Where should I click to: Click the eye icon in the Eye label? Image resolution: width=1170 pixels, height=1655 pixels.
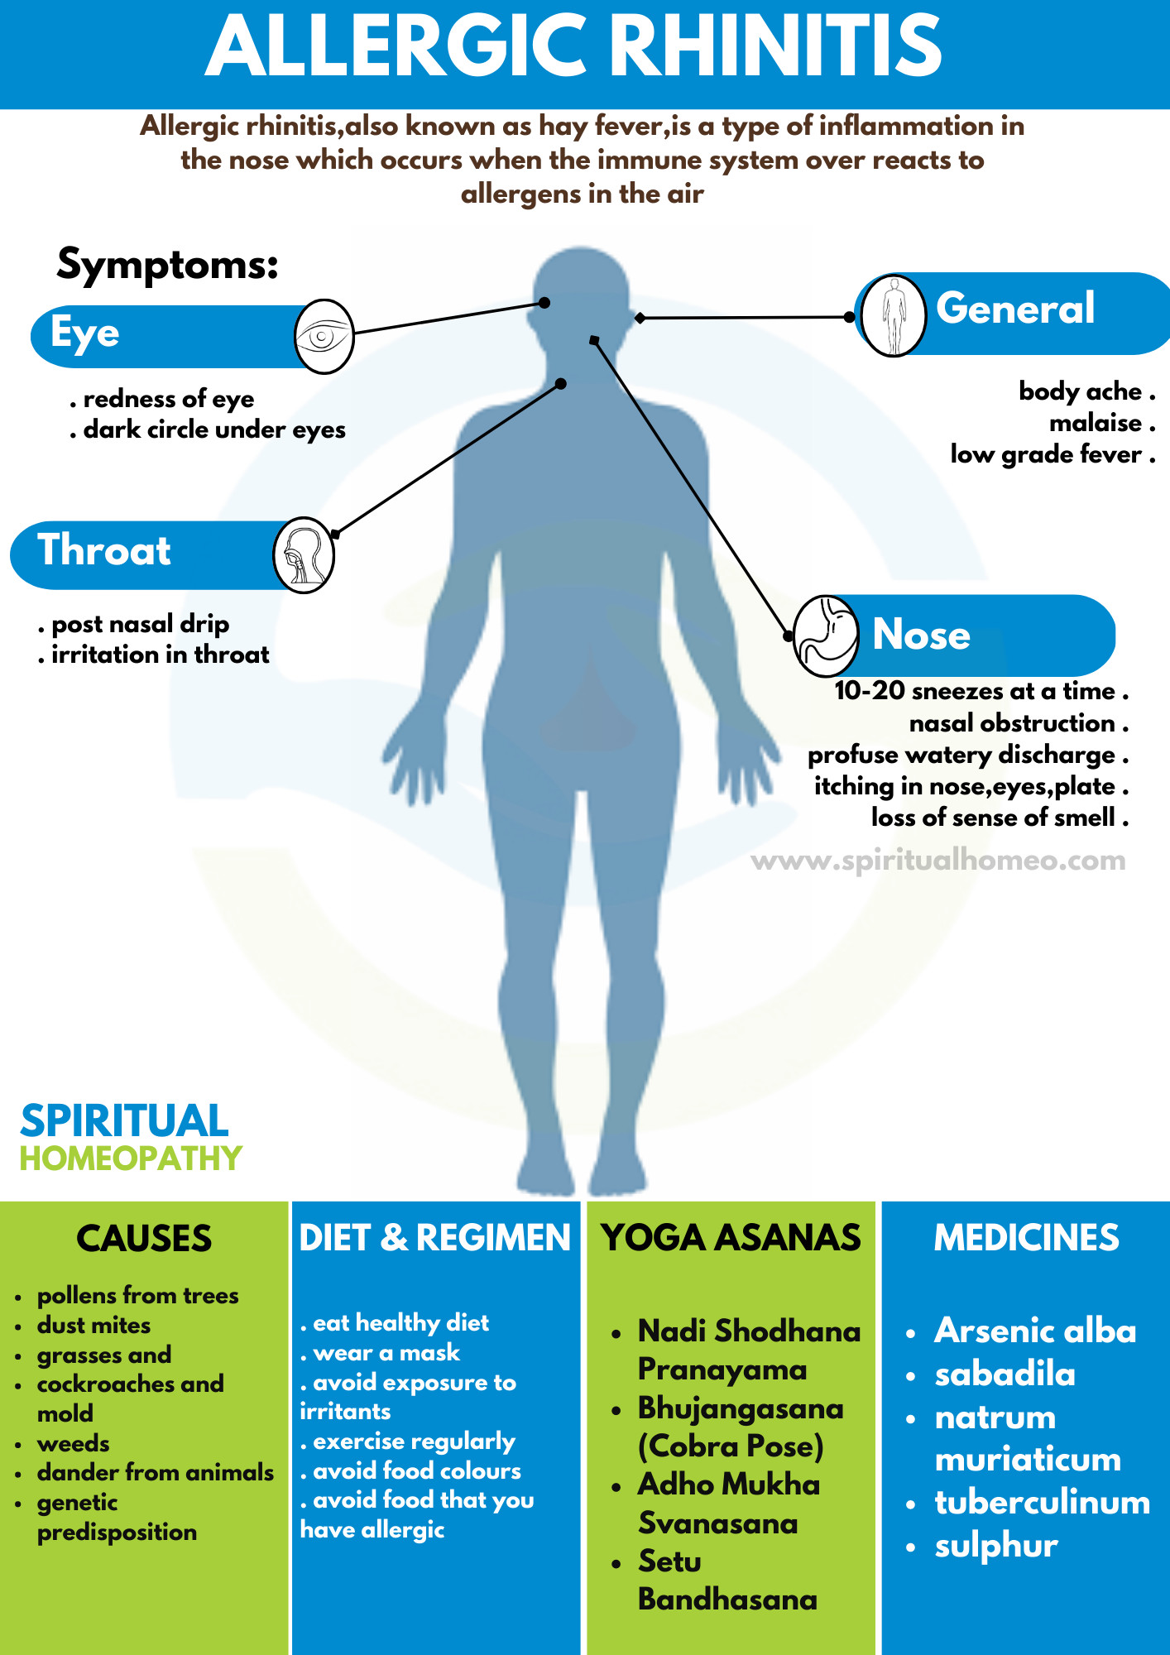pyautogui.click(x=324, y=336)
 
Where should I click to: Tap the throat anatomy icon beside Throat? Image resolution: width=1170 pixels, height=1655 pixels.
pyautogui.click(x=304, y=554)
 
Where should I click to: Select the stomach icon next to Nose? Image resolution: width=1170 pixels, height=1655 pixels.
pyautogui.click(x=827, y=636)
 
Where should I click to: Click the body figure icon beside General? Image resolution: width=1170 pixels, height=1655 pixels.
pyautogui.click(x=893, y=315)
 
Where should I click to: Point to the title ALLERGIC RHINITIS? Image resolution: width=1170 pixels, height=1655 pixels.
pyautogui.click(x=574, y=46)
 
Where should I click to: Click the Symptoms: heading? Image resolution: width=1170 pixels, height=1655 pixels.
pyautogui.click(x=168, y=266)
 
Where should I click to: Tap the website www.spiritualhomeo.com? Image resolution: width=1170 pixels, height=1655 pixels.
pyautogui.click(x=938, y=861)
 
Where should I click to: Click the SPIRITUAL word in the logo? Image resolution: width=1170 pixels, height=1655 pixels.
pyautogui.click(x=124, y=1121)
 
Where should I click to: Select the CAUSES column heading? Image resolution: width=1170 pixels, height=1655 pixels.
pyautogui.click(x=144, y=1239)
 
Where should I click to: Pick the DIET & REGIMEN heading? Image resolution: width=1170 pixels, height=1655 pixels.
pyautogui.click(x=435, y=1238)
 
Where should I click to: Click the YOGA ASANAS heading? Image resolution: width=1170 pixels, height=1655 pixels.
pyautogui.click(x=731, y=1238)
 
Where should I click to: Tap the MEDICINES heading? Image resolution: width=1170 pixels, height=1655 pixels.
pyautogui.click(x=1027, y=1238)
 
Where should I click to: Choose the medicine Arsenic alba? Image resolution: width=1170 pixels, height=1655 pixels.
pyautogui.click(x=1035, y=1331)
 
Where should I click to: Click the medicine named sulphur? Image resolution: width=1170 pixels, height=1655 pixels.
pyautogui.click(x=996, y=1546)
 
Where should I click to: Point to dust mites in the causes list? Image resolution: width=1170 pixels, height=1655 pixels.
pyautogui.click(x=94, y=1325)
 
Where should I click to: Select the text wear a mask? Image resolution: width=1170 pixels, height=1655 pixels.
pyautogui.click(x=386, y=1352)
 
